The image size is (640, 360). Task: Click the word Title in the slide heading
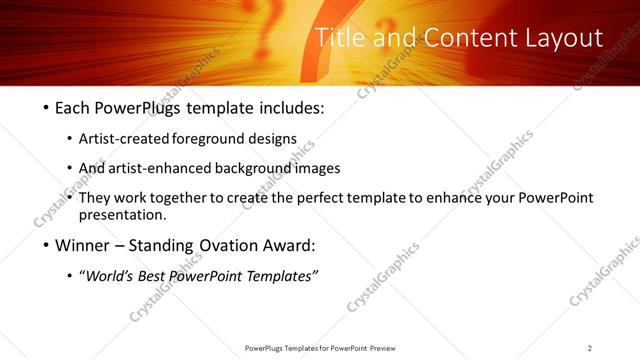click(x=338, y=38)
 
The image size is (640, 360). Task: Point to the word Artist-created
click(x=139, y=138)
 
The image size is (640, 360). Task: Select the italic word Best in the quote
click(x=156, y=276)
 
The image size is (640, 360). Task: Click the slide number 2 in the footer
click(x=590, y=348)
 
